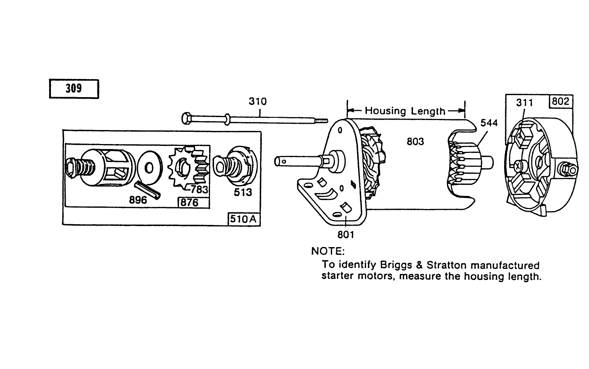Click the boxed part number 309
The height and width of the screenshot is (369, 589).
point(74,89)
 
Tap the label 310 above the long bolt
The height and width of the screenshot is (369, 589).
point(257,101)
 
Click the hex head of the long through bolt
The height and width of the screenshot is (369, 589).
point(186,119)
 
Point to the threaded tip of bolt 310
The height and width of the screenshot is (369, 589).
point(322,120)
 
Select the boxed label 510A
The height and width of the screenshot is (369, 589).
point(243,219)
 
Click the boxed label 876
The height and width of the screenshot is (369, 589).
point(189,202)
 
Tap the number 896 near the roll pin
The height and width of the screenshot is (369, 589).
point(138,200)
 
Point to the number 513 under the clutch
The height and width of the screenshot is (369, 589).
point(243,192)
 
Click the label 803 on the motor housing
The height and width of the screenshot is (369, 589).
point(415,141)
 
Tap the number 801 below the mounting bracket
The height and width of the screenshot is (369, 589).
point(345,235)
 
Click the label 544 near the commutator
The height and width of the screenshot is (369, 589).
point(489,123)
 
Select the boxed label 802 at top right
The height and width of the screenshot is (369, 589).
point(561,101)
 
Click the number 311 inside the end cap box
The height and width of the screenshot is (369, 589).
point(524,102)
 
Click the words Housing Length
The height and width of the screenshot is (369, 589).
point(405,111)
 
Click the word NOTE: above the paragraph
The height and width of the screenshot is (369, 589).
point(328,251)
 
